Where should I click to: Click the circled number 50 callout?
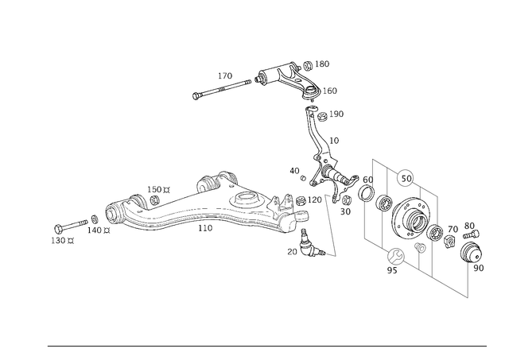[x=406, y=179]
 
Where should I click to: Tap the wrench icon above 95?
[x=396, y=257]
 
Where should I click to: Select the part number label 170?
[x=225, y=75]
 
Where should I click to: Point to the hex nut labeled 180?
[x=308, y=65]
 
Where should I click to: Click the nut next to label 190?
[x=321, y=117]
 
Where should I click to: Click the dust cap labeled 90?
[x=472, y=251]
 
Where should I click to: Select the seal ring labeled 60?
[x=366, y=193]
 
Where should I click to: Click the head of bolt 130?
[x=59, y=229]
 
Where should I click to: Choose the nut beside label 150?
[x=154, y=199]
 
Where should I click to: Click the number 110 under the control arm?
[x=205, y=228]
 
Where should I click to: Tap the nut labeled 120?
[x=301, y=201]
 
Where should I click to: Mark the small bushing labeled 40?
[x=303, y=178]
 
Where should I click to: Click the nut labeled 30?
[x=346, y=199]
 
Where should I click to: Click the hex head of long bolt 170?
[x=196, y=96]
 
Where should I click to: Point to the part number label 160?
[x=330, y=91]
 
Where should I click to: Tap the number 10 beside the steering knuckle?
[x=334, y=141]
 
